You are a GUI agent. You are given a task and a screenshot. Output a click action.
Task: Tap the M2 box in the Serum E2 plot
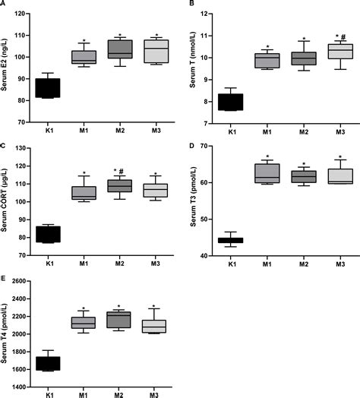(x=120, y=49)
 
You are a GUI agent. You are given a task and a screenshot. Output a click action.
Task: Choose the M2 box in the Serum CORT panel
(x=120, y=185)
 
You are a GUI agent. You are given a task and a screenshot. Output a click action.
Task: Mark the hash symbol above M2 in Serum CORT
(x=124, y=170)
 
